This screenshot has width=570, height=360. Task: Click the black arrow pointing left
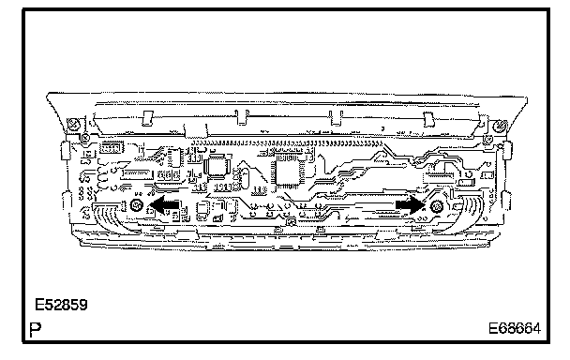164,205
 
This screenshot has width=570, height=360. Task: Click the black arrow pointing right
411,205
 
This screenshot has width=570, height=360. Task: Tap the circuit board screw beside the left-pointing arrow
137,205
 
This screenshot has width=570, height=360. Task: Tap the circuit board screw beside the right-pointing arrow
436,206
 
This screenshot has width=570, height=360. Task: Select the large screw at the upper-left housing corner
74,125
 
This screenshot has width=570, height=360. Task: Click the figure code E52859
61,305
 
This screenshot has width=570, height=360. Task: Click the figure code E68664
515,328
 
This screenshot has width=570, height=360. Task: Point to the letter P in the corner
36,329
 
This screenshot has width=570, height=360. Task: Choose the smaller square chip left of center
217,166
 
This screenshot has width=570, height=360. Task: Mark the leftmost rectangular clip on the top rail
147,118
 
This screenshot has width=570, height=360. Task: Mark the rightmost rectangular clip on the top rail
429,119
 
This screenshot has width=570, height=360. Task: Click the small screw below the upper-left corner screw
85,138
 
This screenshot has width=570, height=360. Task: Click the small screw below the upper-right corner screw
487,139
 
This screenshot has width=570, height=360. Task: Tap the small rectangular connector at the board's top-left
111,147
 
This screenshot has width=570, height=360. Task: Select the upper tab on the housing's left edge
66,150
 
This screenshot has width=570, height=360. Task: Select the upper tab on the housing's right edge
507,151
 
